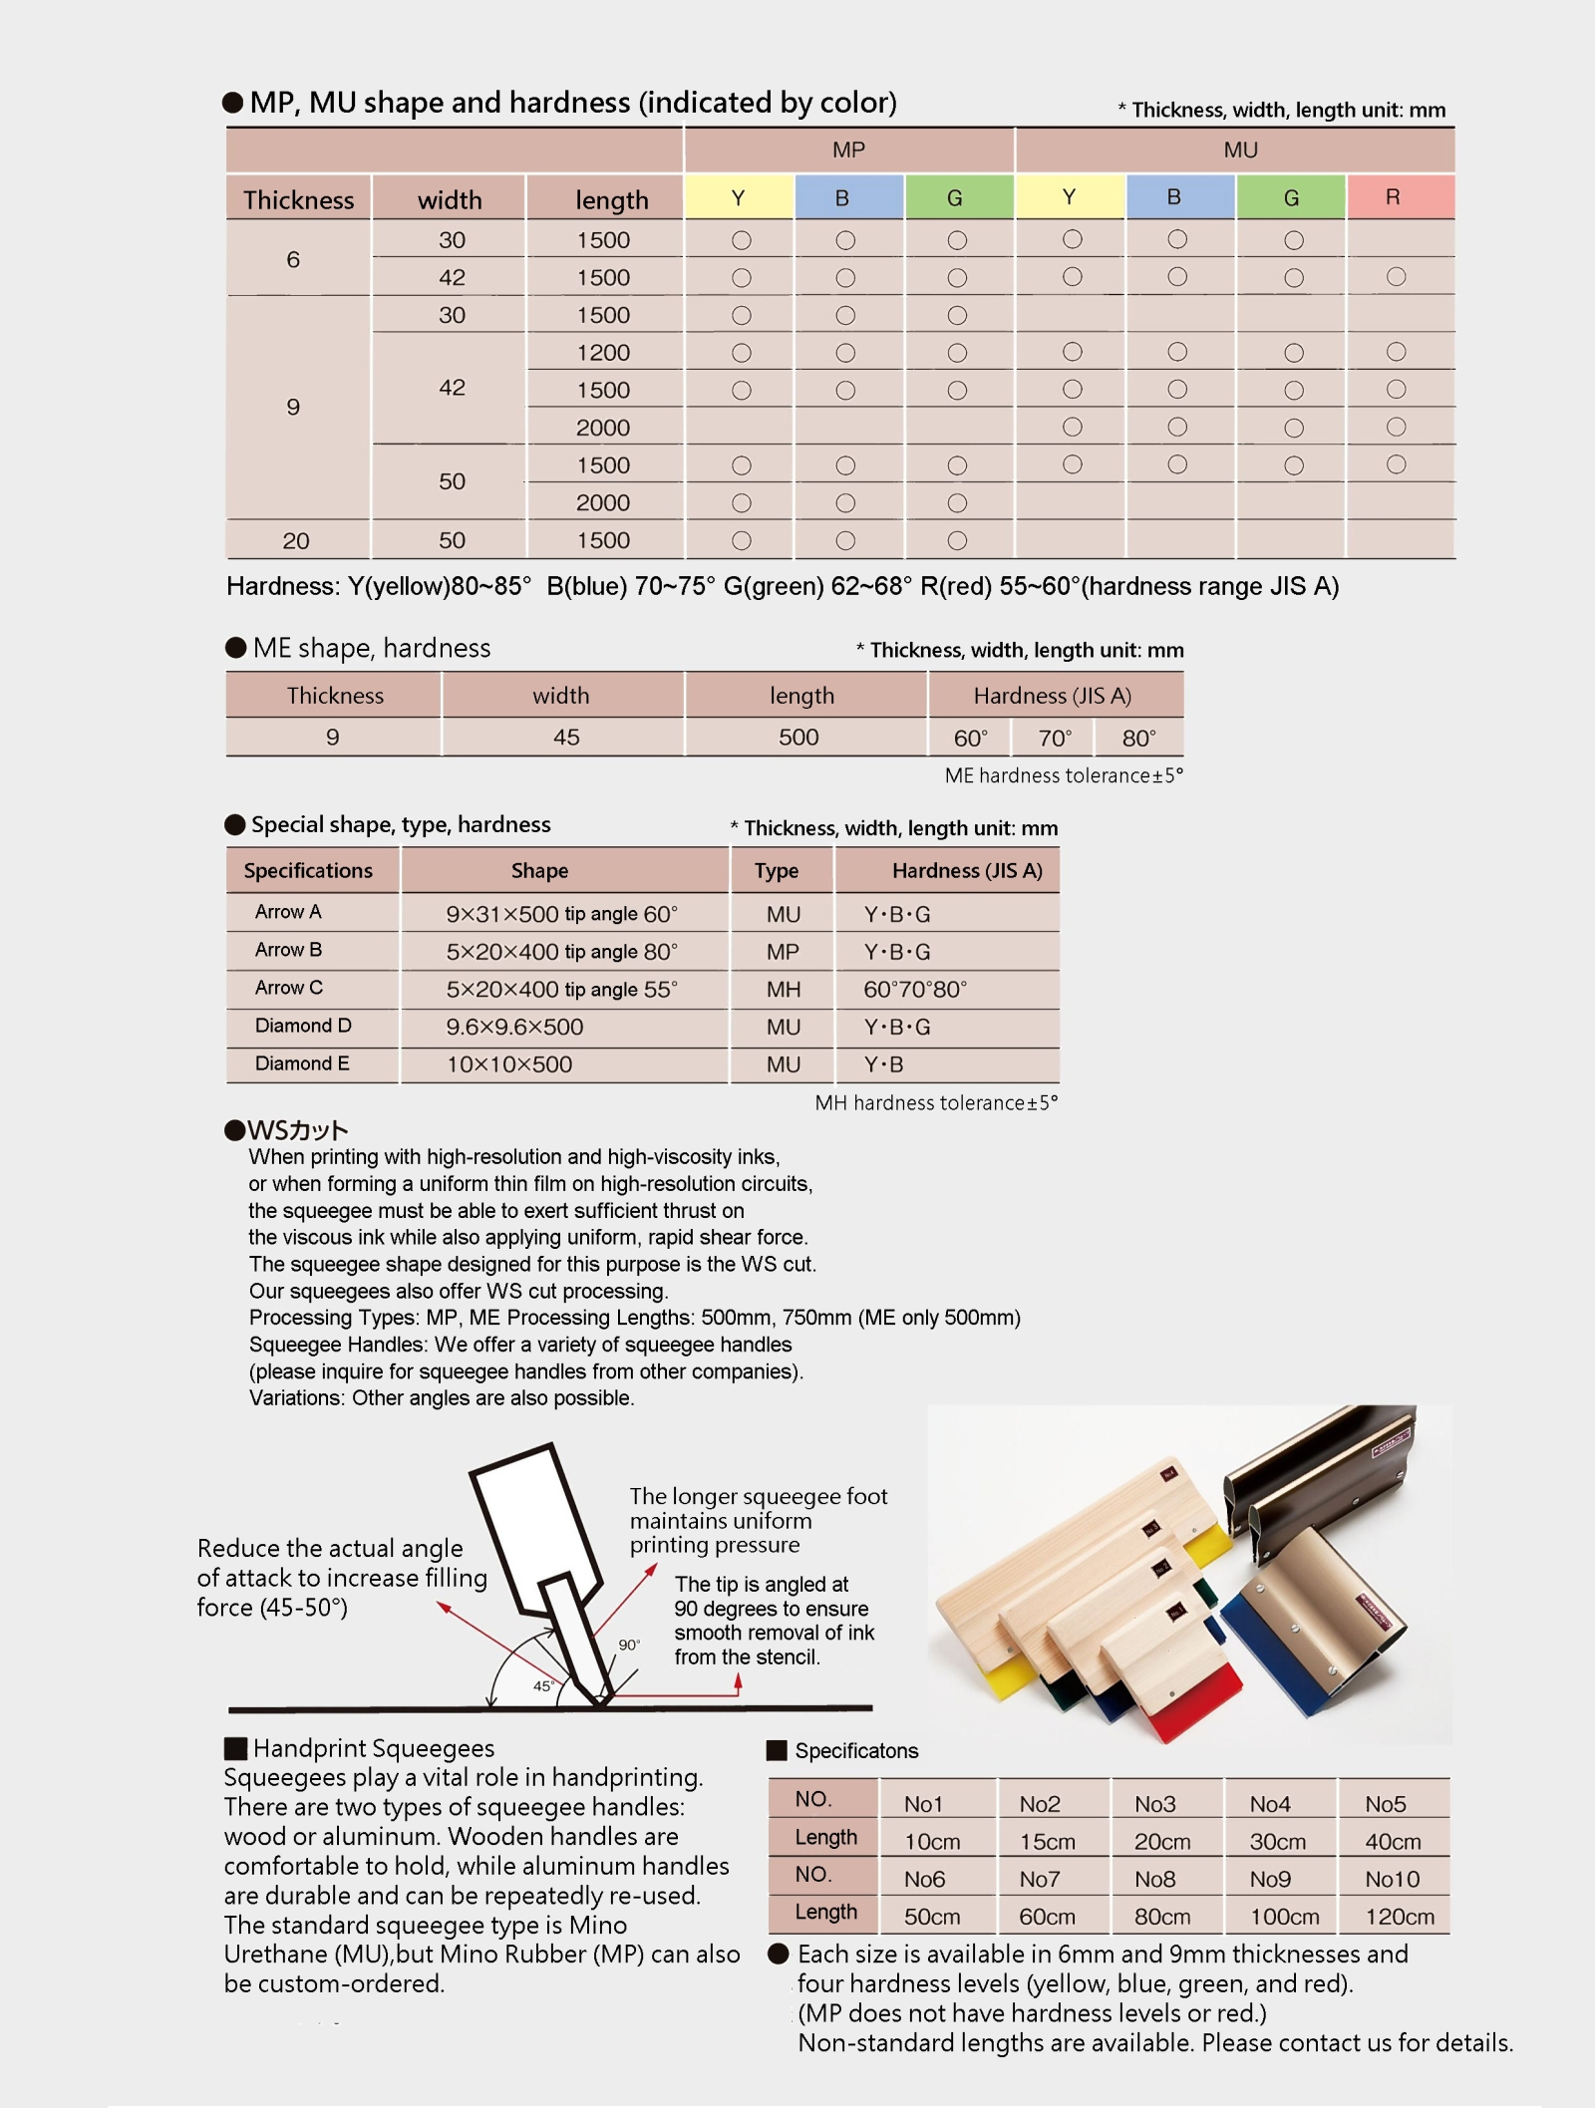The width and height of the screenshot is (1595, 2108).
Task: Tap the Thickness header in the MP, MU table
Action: click(298, 199)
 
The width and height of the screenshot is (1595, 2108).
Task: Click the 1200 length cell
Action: click(603, 353)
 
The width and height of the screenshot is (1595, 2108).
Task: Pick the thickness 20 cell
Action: click(296, 540)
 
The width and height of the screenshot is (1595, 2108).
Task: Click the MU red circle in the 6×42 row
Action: click(1396, 277)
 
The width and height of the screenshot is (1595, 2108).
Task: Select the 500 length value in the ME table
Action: click(798, 738)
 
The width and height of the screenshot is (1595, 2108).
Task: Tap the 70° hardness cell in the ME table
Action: click(1054, 739)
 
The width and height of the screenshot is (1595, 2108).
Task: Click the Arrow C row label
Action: click(289, 988)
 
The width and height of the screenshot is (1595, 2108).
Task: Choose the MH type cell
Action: click(784, 990)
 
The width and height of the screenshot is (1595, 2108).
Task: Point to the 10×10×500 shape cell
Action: click(509, 1064)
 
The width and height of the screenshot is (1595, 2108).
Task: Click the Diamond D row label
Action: click(303, 1026)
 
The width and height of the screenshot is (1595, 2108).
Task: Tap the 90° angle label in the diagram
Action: click(629, 1645)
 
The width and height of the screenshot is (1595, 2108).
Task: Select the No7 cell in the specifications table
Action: click(1039, 1879)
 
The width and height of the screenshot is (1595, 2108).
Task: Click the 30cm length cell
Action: click(1277, 1842)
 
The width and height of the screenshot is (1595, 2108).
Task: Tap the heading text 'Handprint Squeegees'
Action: click(373, 1748)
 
